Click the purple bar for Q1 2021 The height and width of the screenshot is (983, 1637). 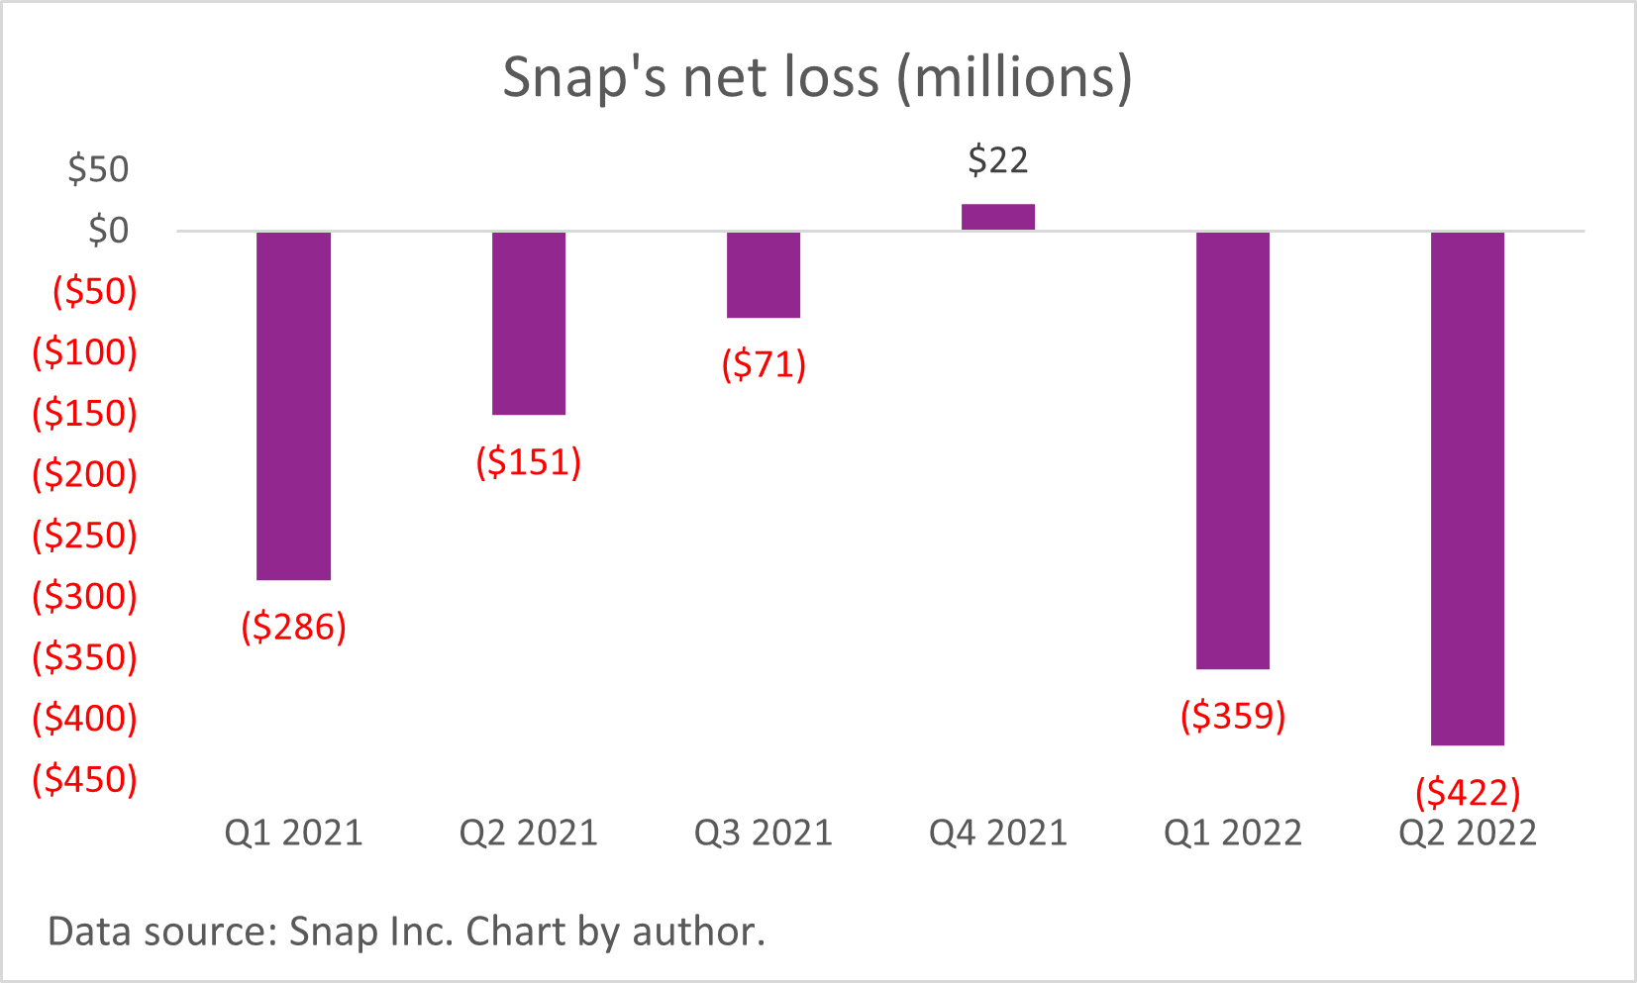tap(293, 406)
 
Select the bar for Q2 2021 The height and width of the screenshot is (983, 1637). tap(529, 323)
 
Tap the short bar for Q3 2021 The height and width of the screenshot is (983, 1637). tap(764, 274)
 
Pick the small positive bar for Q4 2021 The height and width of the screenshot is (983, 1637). tap(998, 217)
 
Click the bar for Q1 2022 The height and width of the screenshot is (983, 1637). tap(1233, 450)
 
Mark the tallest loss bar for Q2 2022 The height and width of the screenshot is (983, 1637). tap(1468, 488)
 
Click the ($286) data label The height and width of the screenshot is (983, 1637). tap(294, 627)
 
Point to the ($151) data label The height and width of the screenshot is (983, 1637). tap(529, 462)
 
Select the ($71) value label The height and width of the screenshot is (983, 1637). tap(764, 365)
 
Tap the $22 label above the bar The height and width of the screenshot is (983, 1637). tap(998, 160)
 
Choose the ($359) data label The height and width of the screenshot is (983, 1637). tap(1233, 716)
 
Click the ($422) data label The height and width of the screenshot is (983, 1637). tap(1468, 792)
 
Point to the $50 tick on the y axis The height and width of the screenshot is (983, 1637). tap(98, 169)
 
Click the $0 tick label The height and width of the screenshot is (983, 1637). tap(108, 231)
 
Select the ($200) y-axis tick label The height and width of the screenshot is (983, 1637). tap(85, 474)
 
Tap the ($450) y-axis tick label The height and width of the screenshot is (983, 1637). tap(85, 779)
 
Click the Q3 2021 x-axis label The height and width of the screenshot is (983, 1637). tap(764, 834)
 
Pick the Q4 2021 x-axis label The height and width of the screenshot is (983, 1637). tap(998, 834)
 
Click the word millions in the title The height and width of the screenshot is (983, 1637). tap(1014, 77)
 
